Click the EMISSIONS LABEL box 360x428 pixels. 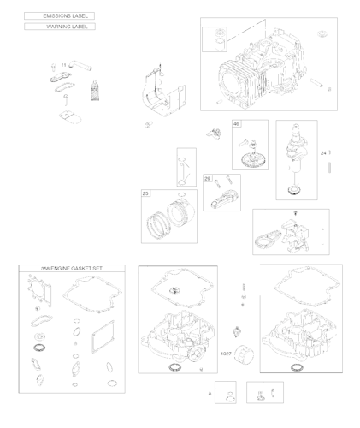pyautogui.click(x=59, y=15)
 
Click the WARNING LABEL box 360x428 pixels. pyautogui.click(x=59, y=27)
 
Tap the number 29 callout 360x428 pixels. pyautogui.click(x=208, y=178)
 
